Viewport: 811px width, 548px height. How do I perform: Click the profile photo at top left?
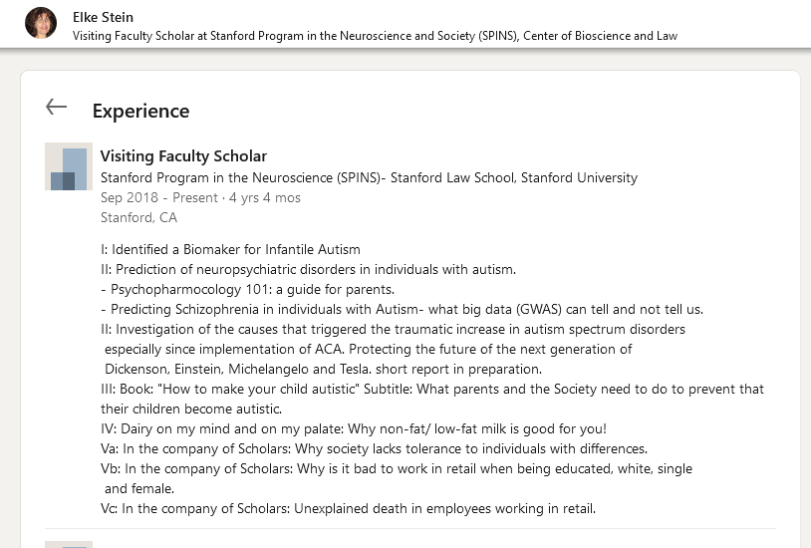(x=41, y=23)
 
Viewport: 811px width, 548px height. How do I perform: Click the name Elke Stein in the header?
(x=103, y=17)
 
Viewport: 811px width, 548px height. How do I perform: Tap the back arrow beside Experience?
(x=56, y=108)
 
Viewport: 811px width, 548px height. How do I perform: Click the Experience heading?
(x=140, y=111)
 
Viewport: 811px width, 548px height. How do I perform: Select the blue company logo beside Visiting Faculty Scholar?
(x=69, y=166)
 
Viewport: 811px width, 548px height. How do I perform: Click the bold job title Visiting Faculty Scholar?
(x=183, y=156)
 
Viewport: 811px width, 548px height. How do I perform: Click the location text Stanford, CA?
(x=138, y=217)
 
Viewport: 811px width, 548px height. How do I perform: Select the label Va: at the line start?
(x=110, y=448)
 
